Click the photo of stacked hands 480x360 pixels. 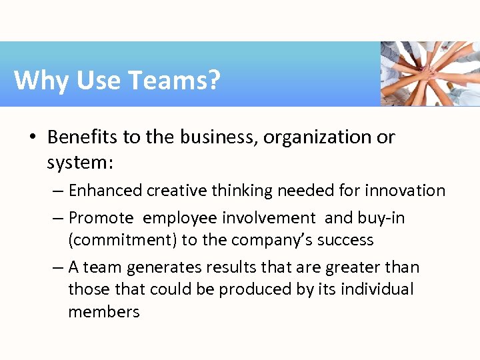coord(429,73)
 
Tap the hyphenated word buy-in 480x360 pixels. coord(380,219)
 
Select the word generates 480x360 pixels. coord(159,268)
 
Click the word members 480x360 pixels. coord(104,312)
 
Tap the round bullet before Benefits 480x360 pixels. coord(32,138)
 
